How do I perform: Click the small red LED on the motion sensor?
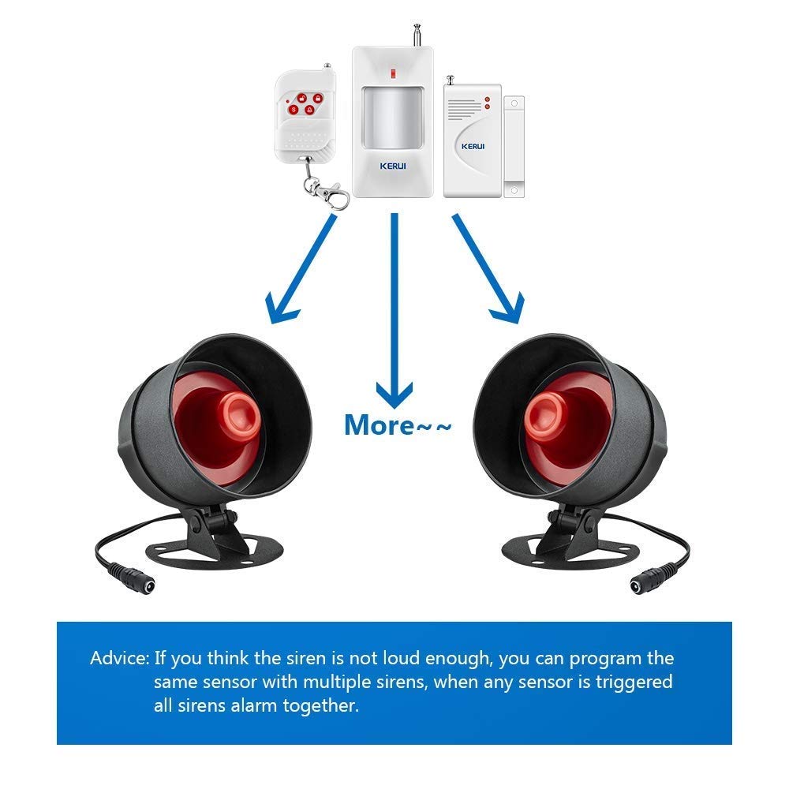click(392, 74)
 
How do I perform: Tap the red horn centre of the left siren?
click(237, 414)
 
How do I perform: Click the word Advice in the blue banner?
click(118, 658)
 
